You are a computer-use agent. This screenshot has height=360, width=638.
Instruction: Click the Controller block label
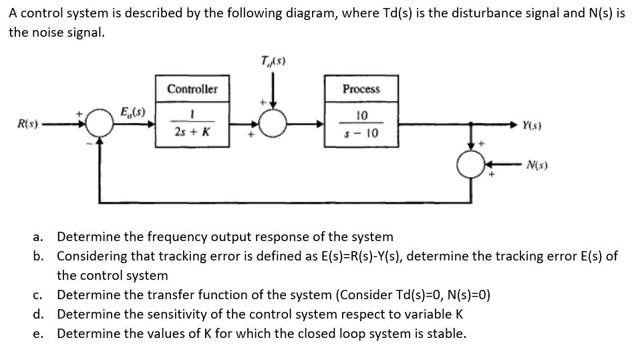[192, 89]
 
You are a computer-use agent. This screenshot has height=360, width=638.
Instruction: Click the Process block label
[361, 89]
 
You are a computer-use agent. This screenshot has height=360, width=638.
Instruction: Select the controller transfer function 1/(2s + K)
[192, 124]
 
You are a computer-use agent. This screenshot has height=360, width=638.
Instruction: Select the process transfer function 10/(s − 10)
[361, 124]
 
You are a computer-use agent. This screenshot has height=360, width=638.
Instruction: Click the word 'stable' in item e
[447, 333]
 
